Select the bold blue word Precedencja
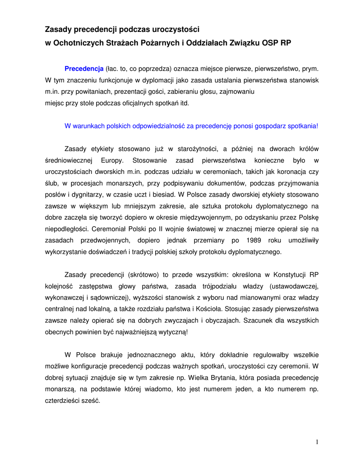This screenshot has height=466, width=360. pyautogui.click(x=84, y=69)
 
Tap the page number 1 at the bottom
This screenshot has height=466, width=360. pyautogui.click(x=316, y=442)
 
